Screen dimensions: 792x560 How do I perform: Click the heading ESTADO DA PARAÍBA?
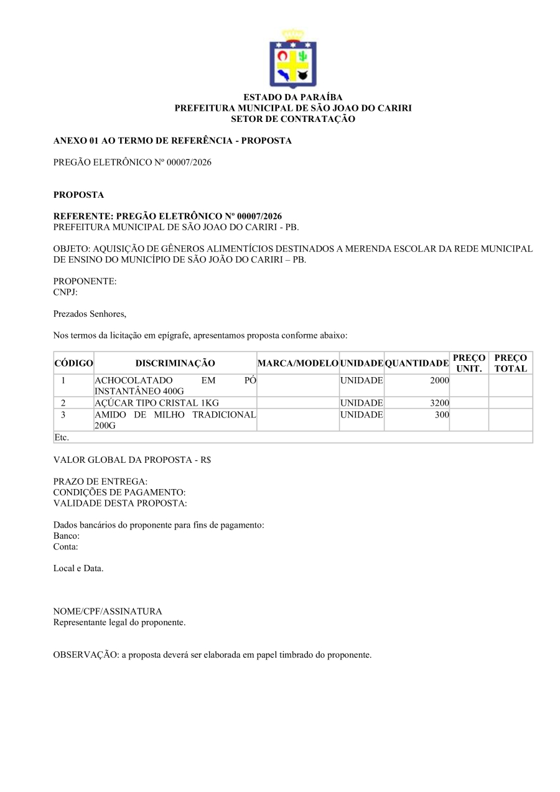[292, 98]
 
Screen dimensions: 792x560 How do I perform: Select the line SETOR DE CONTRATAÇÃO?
[292, 119]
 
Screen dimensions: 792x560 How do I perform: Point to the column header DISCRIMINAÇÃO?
[175, 363]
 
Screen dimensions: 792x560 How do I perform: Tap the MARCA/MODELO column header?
[298, 363]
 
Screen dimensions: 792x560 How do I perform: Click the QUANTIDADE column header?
[416, 363]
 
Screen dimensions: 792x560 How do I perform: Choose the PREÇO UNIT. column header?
[469, 363]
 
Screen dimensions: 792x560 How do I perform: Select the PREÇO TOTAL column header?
[510, 363]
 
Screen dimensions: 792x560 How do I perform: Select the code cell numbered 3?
[63, 415]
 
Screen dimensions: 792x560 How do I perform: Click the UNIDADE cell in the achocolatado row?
[362, 380]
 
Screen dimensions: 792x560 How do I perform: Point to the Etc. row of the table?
[62, 437]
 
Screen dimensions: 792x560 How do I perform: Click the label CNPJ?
[65, 292]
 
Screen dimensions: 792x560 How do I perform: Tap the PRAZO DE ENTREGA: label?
[100, 482]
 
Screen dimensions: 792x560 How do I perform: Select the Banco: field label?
[67, 536]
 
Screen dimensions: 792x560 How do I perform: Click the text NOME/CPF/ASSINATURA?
[108, 612]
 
